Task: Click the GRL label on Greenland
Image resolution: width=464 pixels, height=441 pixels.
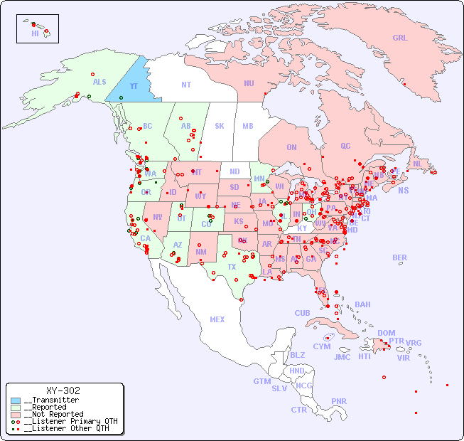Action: (400, 38)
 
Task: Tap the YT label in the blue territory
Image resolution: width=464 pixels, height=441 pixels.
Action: (133, 86)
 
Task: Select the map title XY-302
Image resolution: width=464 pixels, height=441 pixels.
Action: (63, 390)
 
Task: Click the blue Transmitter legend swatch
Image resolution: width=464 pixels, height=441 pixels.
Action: (16, 400)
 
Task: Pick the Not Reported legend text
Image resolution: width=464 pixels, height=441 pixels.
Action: (53, 414)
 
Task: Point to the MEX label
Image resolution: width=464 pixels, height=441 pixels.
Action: (217, 319)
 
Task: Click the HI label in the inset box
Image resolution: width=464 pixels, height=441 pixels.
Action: (35, 33)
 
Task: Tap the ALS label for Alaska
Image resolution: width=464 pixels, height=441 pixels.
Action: (99, 83)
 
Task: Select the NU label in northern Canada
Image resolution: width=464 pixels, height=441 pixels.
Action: (249, 83)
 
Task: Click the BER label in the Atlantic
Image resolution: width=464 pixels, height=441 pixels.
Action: (399, 257)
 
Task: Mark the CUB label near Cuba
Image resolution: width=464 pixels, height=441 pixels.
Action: (302, 313)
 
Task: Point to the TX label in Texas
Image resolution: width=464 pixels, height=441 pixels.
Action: (232, 267)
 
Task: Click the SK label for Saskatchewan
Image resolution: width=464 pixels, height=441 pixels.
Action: (220, 126)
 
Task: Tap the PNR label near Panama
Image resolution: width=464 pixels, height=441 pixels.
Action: (339, 401)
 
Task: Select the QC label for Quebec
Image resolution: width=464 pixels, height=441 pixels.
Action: (345, 146)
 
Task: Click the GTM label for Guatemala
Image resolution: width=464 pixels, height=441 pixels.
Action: (261, 381)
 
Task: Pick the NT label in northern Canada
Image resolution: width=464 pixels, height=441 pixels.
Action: (185, 85)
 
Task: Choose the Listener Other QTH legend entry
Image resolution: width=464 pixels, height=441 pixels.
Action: (63, 428)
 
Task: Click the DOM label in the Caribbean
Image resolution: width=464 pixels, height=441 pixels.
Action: (386, 333)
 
